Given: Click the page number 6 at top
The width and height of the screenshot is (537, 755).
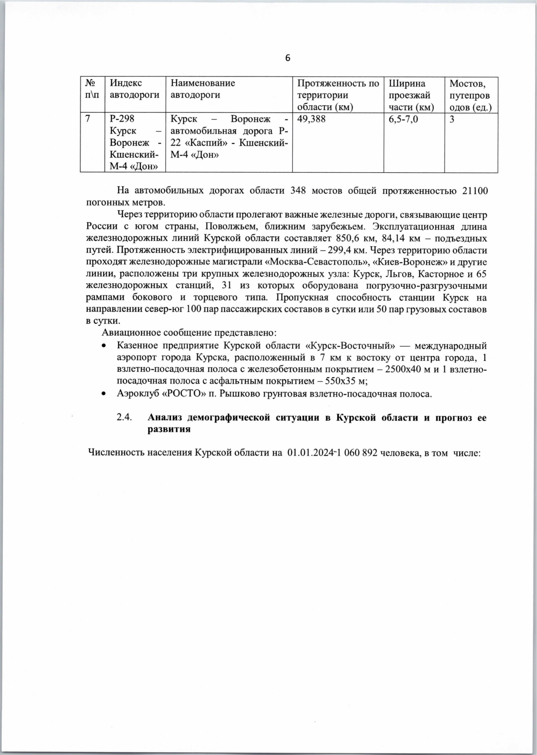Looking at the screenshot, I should (x=288, y=58).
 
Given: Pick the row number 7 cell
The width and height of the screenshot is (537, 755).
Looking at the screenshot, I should (x=88, y=119).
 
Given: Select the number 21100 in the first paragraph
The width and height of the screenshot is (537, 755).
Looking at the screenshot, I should (x=474, y=190).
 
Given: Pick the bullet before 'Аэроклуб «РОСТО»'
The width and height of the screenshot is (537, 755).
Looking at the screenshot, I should (x=103, y=394).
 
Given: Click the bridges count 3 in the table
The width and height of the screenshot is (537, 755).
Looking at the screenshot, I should (x=452, y=119).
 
